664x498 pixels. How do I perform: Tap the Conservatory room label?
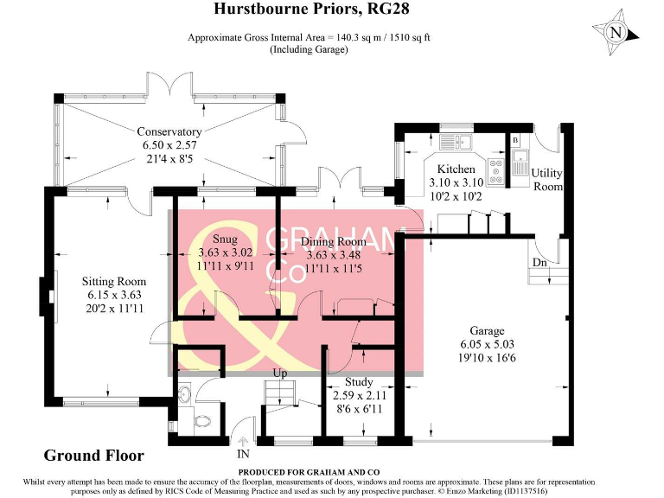[x=169, y=132]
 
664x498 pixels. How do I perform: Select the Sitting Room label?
[x=114, y=281]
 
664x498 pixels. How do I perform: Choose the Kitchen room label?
[x=456, y=169]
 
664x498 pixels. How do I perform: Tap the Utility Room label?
[x=546, y=180]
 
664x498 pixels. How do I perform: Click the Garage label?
[x=487, y=330]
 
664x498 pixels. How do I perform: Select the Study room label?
[x=359, y=381]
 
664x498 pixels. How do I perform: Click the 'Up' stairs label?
[x=280, y=373]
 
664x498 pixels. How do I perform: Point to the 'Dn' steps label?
[x=539, y=262]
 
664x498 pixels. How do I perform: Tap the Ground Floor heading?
[x=93, y=455]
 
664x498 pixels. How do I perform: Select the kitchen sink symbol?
[x=454, y=141]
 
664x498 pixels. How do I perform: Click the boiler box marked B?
[x=514, y=139]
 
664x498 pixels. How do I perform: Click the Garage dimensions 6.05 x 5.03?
[x=487, y=343]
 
